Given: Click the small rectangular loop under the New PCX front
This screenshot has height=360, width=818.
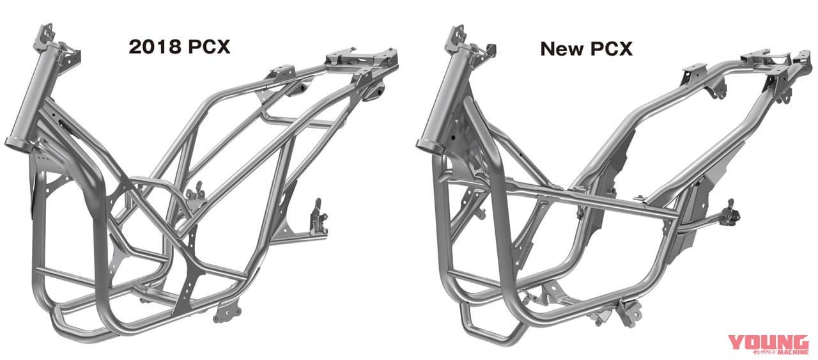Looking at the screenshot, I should (476, 317).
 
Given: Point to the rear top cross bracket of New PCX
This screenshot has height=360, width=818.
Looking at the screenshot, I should (764, 59).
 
